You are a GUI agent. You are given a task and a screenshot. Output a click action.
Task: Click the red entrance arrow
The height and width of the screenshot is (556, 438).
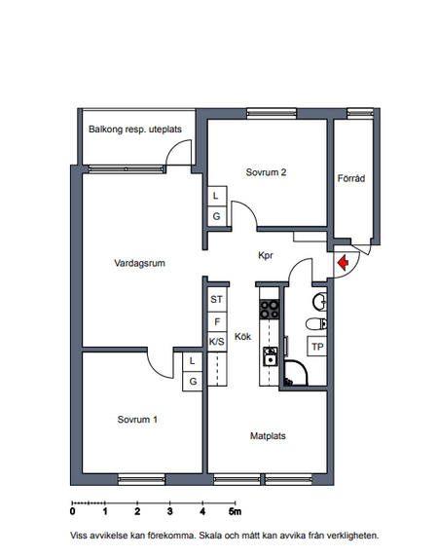[x=343, y=263]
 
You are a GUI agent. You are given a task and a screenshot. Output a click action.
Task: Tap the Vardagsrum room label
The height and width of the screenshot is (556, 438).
[x=139, y=263]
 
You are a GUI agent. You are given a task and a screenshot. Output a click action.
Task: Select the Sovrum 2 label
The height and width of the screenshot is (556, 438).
[x=266, y=172]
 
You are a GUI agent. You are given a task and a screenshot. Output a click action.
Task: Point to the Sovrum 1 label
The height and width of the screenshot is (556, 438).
[x=137, y=420]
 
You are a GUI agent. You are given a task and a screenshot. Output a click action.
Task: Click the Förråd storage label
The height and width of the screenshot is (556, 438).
[x=351, y=178]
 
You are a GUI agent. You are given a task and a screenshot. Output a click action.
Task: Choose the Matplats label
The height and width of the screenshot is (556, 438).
[x=268, y=436]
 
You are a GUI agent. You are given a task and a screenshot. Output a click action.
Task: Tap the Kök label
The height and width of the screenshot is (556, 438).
[x=242, y=336]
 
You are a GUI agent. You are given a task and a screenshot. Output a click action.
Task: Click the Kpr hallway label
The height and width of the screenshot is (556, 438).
[x=266, y=255]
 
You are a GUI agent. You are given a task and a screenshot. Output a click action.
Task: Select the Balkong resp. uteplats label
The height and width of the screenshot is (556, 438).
[x=135, y=130]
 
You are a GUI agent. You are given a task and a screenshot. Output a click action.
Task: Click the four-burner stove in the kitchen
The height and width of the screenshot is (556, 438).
[x=270, y=310]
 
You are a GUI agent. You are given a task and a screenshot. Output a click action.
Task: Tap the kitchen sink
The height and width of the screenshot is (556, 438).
[x=270, y=356]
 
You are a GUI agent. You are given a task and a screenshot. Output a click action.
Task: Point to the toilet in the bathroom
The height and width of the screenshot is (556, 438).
[x=316, y=323]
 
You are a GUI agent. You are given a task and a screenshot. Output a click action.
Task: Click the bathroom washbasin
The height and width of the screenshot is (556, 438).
[x=319, y=302]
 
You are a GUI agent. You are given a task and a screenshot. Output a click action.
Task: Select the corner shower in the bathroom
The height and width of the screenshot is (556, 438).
[x=296, y=373]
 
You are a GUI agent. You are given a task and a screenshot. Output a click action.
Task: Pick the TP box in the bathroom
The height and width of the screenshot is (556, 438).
[x=316, y=346]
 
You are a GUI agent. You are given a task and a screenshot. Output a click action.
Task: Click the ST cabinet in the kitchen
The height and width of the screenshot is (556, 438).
[x=217, y=300]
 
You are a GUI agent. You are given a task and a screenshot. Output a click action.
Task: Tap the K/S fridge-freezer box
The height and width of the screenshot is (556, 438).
[x=217, y=342]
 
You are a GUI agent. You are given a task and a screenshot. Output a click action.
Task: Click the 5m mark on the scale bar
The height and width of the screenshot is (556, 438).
[x=235, y=511]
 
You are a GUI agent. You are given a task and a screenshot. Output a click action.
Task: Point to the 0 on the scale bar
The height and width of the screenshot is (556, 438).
[x=73, y=511]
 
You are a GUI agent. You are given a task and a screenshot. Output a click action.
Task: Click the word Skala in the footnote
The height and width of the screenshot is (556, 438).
[x=209, y=536]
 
